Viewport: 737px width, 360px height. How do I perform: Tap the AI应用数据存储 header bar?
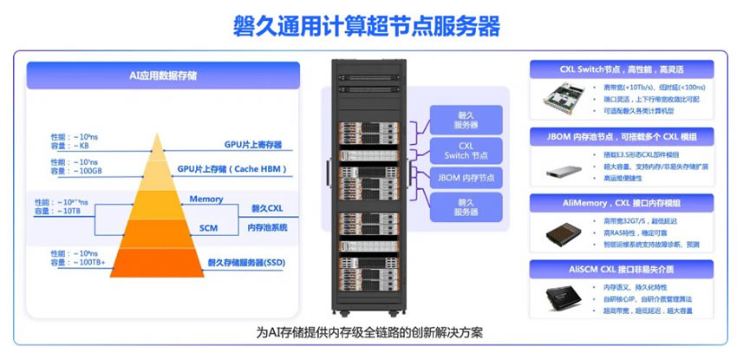pyautogui.click(x=163, y=75)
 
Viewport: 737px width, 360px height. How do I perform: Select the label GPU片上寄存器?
pyautogui.click(x=254, y=143)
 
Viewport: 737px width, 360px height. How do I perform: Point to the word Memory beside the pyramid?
pyautogui.click(x=206, y=199)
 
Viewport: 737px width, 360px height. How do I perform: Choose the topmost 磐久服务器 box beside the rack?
pyautogui.click(x=466, y=120)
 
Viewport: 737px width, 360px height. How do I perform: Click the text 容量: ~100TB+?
pyautogui.click(x=79, y=261)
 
